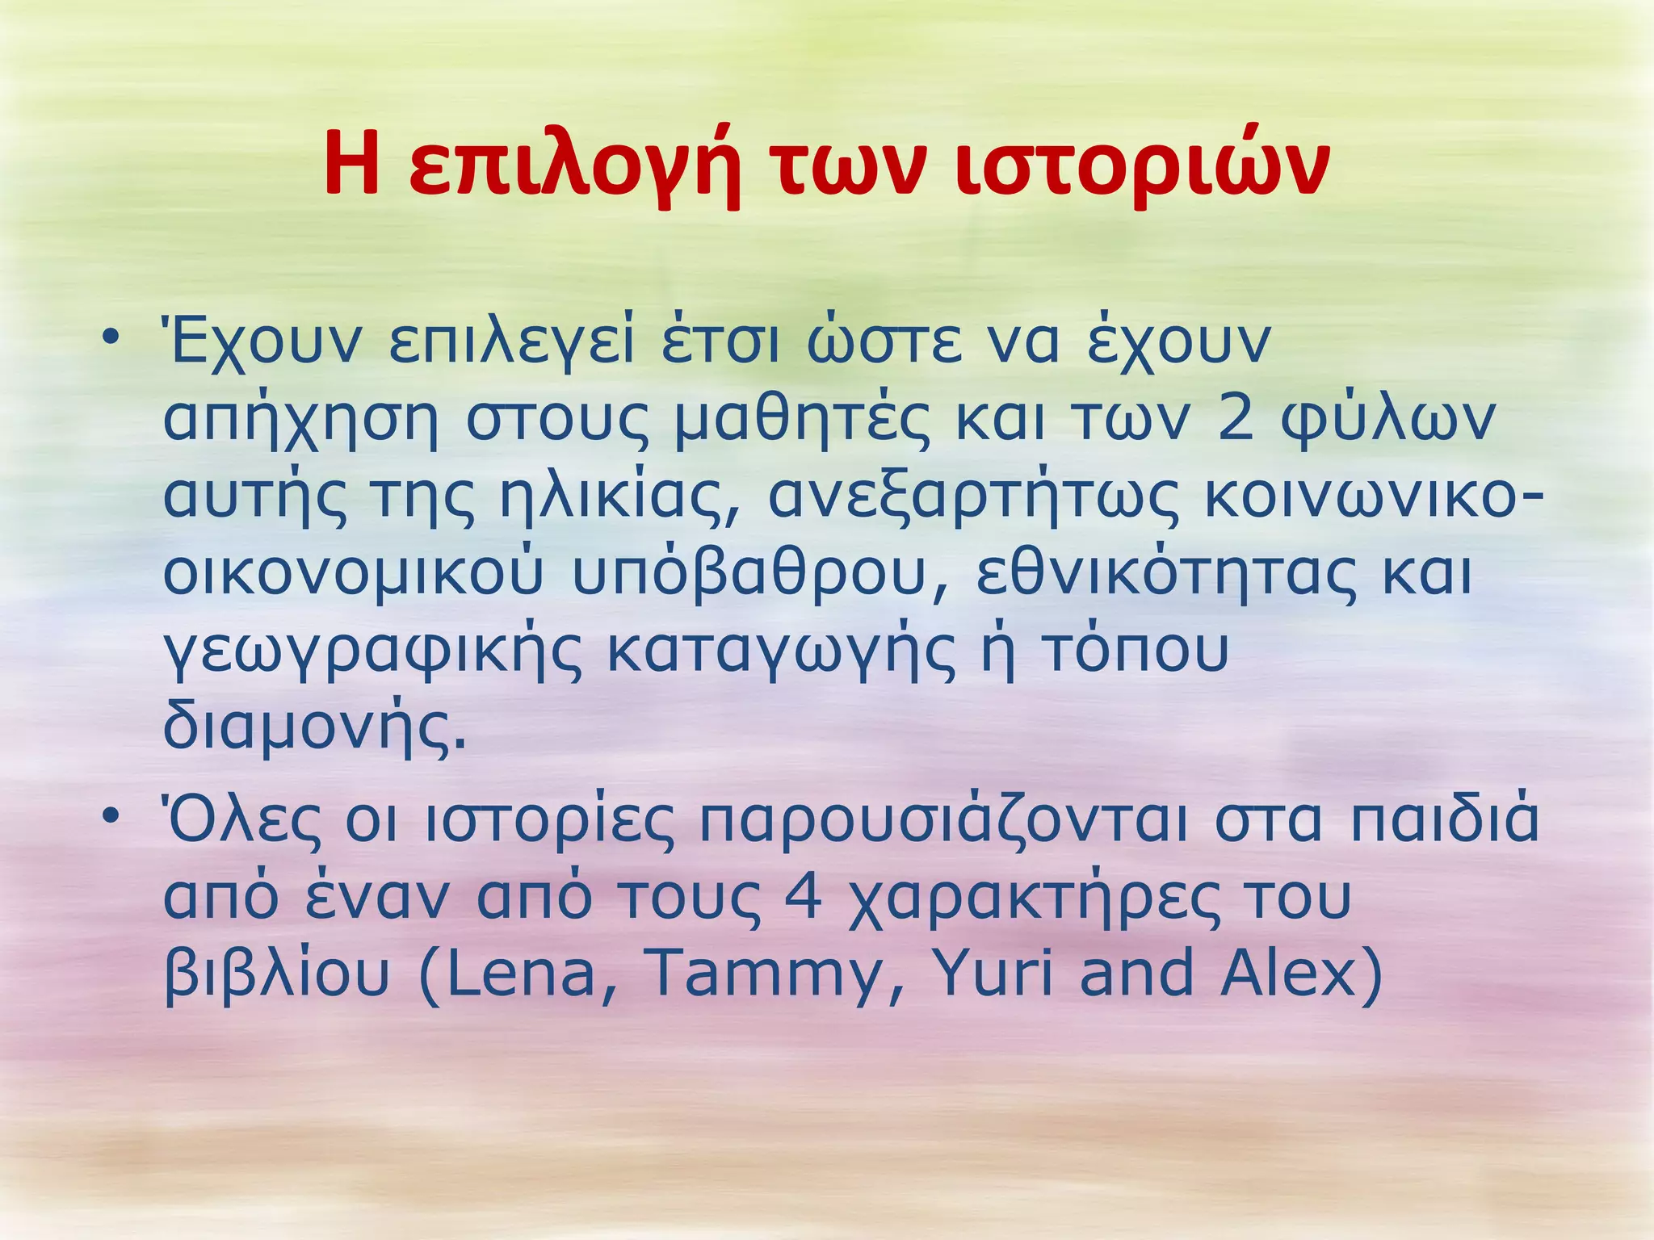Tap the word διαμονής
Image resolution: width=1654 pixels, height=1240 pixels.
tap(315, 727)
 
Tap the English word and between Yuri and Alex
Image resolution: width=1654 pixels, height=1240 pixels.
tap(1136, 973)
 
